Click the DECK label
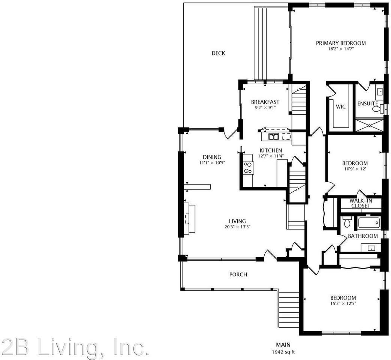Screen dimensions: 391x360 tap(218, 53)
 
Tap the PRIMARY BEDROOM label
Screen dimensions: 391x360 tap(341, 43)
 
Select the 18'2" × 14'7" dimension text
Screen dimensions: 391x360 tap(341, 49)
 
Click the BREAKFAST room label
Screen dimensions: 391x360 tap(265, 102)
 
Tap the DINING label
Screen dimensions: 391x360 tap(212, 157)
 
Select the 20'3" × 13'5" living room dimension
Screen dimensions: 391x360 tap(237, 227)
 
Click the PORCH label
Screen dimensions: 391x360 tap(238, 274)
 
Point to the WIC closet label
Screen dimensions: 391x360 tap(341, 106)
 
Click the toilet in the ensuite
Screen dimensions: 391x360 tap(378, 108)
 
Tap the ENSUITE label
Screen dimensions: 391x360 tap(367, 103)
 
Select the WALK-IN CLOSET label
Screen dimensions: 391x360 tap(361, 203)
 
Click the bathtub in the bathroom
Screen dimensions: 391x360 tap(369, 222)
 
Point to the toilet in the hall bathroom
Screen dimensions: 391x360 tap(347, 221)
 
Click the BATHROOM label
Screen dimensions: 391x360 tap(363, 236)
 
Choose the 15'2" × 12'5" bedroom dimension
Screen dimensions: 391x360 tap(343, 304)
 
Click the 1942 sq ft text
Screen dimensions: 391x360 tap(283, 352)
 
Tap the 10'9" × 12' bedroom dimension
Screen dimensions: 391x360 tap(355, 169)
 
